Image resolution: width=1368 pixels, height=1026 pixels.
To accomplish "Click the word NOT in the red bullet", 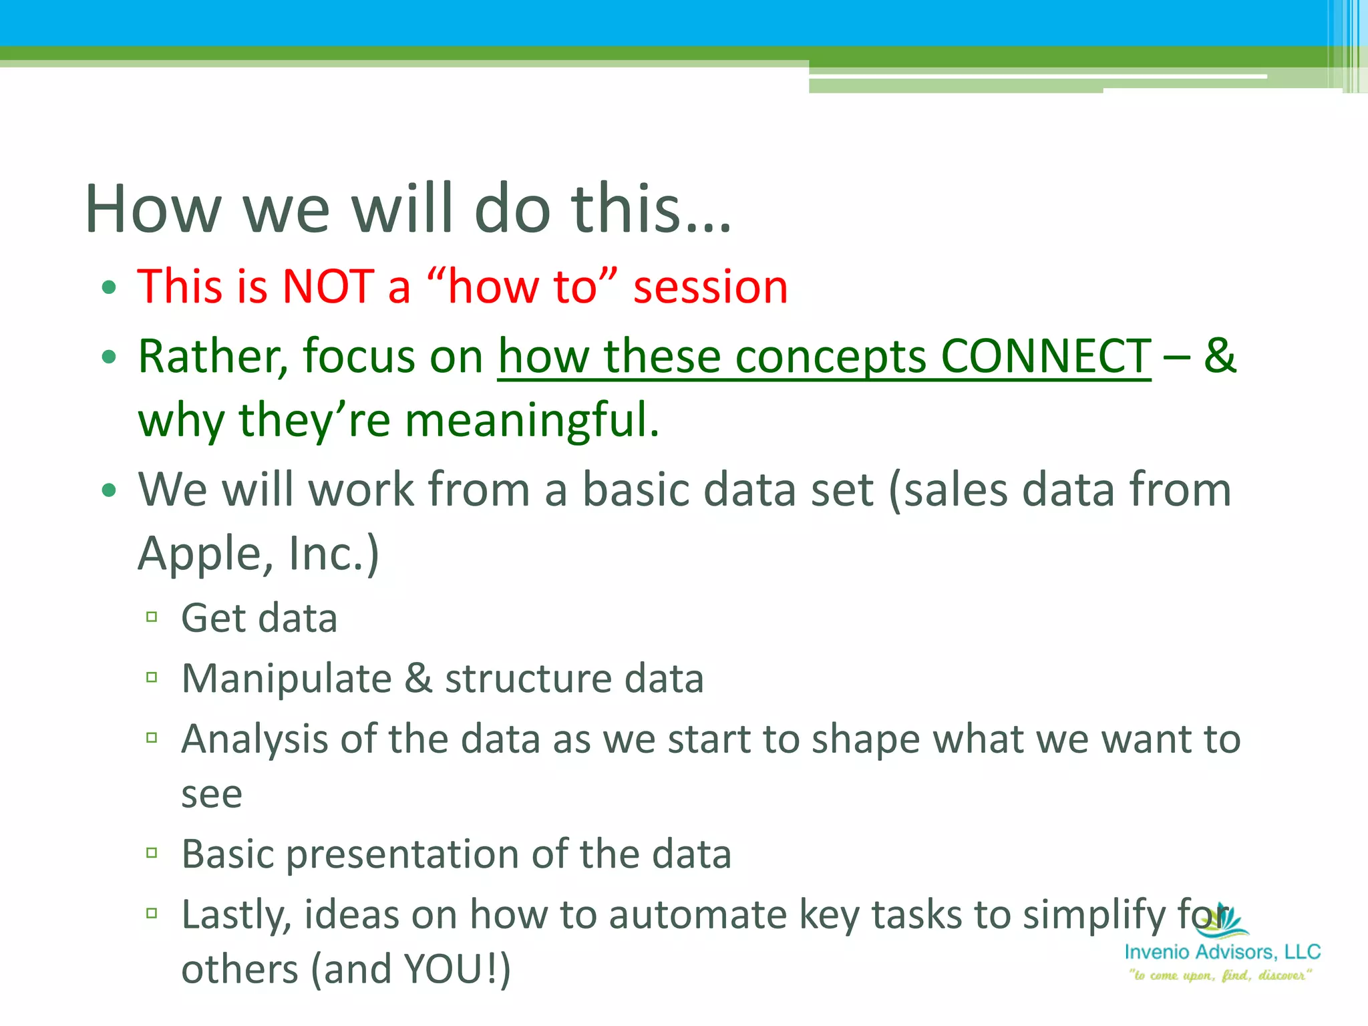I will click(x=327, y=287).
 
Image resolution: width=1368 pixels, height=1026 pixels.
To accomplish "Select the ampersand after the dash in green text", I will click(x=1220, y=356).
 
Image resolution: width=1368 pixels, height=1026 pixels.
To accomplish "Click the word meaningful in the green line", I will click(x=532, y=421).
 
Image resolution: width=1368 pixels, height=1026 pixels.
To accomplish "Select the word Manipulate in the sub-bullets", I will click(x=287, y=679).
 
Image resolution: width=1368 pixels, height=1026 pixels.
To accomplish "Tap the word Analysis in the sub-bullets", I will click(x=254, y=739).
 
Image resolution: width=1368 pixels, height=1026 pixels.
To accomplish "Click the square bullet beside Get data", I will click(x=152, y=617).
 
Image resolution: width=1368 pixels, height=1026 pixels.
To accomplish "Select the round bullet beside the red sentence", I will click(x=109, y=288).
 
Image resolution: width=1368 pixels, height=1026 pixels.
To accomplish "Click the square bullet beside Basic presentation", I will click(x=152, y=853).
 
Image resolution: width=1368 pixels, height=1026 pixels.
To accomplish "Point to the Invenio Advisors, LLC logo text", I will click(x=1222, y=952).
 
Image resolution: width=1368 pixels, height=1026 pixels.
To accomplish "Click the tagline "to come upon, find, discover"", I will click(x=1220, y=976).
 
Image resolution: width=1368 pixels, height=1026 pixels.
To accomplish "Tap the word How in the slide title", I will click(x=153, y=209).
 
